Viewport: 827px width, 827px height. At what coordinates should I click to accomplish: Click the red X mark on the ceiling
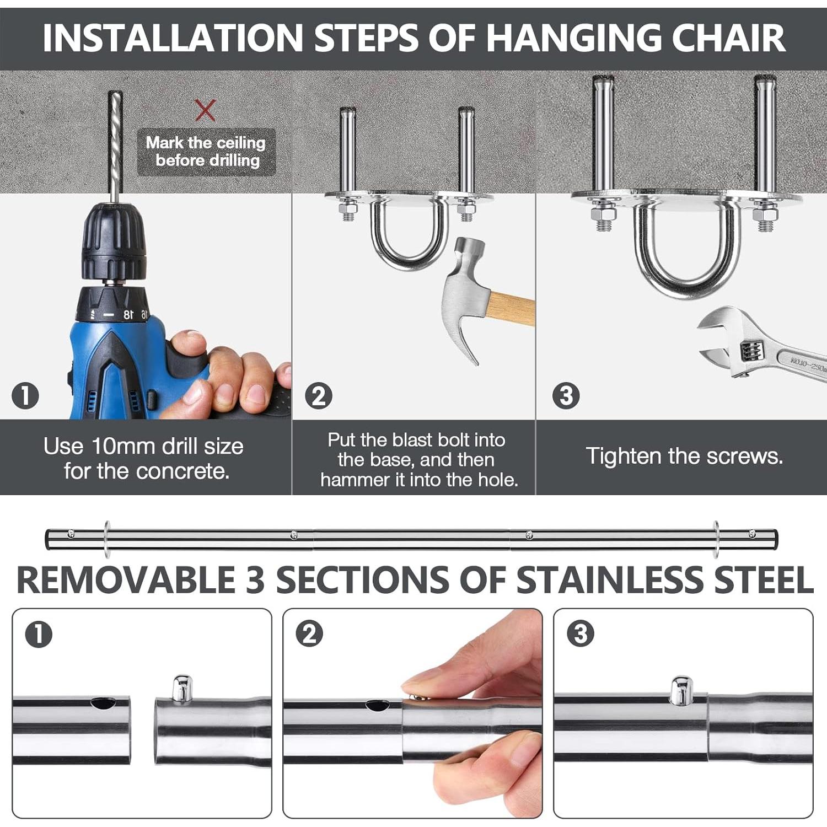(x=205, y=110)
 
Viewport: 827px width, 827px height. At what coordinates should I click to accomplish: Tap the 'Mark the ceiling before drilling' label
(x=206, y=152)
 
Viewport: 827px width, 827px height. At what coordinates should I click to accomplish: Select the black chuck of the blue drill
(x=115, y=243)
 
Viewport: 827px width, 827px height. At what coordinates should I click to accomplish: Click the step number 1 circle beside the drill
(x=25, y=396)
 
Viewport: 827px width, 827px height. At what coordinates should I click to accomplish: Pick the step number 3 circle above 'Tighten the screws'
(x=566, y=396)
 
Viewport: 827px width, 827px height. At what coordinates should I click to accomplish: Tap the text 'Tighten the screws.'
(x=684, y=457)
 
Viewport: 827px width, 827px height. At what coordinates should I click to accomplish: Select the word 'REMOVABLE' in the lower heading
(x=127, y=580)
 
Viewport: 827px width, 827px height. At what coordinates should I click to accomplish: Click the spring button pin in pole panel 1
(x=182, y=688)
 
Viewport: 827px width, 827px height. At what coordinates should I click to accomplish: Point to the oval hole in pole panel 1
(x=103, y=703)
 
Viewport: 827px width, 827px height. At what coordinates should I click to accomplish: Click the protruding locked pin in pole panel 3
(x=681, y=689)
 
